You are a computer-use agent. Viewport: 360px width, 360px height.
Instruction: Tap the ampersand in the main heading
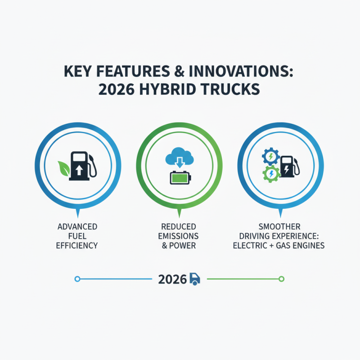click(179, 72)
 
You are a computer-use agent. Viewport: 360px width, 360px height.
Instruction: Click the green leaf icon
click(63, 168)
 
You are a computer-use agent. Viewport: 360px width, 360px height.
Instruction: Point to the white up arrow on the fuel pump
click(79, 171)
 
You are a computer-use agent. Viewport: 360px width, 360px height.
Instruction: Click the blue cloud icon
click(179, 156)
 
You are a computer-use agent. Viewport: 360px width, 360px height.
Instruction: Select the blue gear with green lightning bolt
click(271, 157)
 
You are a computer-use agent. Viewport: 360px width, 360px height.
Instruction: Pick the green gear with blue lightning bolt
click(271, 174)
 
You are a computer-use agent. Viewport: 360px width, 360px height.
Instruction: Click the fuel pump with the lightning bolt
click(289, 167)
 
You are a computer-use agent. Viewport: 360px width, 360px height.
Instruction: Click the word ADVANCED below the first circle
click(77, 227)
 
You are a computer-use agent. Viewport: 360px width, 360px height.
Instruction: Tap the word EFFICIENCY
click(77, 245)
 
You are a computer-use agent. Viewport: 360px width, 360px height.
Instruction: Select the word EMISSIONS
click(178, 236)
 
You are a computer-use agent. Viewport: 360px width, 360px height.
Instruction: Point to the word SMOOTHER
click(279, 227)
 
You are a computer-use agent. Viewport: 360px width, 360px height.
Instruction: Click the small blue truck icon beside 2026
click(195, 279)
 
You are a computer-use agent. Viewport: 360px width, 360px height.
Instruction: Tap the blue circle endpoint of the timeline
click(77, 279)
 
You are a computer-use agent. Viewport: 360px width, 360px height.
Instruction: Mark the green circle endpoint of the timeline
click(282, 279)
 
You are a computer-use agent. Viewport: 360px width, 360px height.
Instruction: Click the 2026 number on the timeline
click(172, 279)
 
